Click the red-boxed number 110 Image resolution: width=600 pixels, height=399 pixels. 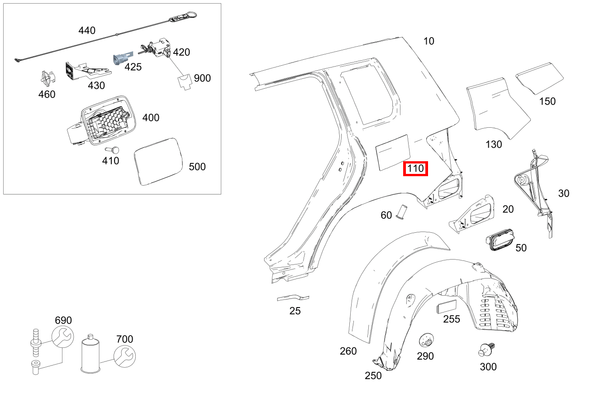click(415, 169)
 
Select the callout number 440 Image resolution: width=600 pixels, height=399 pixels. click(87, 30)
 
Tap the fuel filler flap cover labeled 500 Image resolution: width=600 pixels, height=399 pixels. click(157, 161)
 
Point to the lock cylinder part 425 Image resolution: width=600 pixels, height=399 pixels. click(122, 58)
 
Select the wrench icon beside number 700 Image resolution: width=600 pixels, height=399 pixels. click(124, 356)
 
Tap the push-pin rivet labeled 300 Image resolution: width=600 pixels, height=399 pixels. click(487, 350)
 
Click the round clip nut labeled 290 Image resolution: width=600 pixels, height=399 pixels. click(425, 340)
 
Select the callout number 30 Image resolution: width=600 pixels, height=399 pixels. click(563, 193)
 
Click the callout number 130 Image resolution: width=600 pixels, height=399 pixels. click(493, 144)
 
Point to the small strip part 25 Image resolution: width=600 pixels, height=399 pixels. click(293, 298)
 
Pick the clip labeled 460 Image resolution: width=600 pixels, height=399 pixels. click(46, 79)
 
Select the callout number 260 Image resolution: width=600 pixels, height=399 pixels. click(348, 351)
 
